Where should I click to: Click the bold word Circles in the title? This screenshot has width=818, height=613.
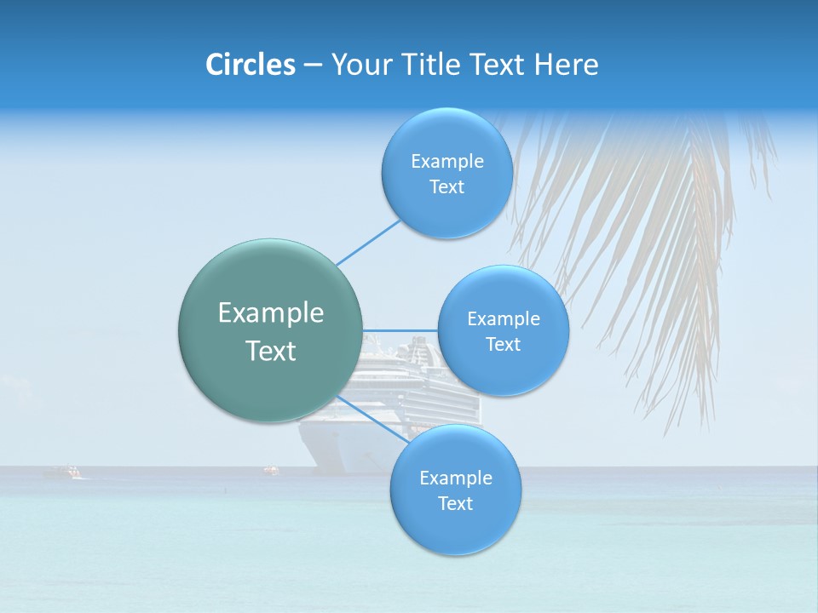(x=250, y=65)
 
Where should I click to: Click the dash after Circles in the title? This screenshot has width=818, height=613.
(x=313, y=66)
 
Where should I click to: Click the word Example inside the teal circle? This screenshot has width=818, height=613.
(x=271, y=313)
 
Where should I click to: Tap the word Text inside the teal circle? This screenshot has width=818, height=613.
(x=271, y=351)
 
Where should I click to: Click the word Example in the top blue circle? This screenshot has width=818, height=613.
(x=446, y=162)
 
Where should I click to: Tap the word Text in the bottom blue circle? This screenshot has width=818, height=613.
(x=455, y=503)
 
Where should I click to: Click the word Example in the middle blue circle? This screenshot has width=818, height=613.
(x=504, y=319)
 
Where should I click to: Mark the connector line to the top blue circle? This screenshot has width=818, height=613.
(x=369, y=242)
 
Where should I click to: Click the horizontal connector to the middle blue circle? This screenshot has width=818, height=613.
(x=400, y=330)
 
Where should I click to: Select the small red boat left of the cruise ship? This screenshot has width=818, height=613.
(x=271, y=468)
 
